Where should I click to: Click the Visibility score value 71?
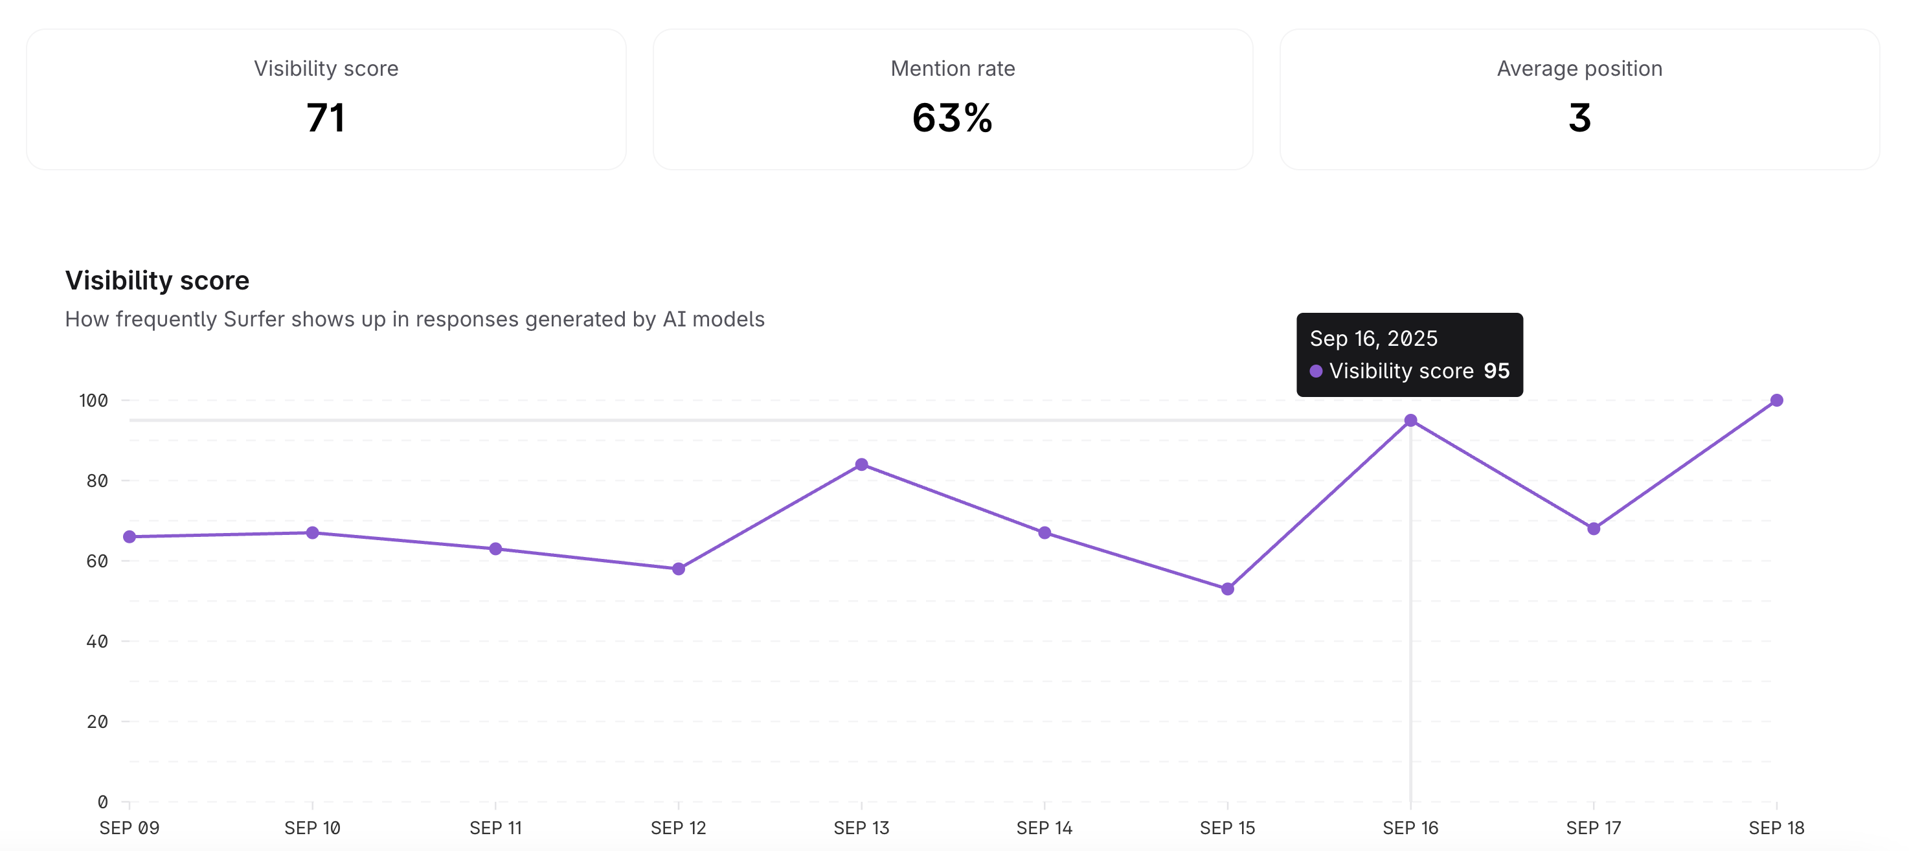(326, 118)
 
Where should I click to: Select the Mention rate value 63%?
(953, 118)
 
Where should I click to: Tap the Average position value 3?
(1579, 118)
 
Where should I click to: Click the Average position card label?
(1579, 68)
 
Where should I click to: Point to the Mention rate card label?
(953, 68)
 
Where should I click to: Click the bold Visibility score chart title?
(157, 280)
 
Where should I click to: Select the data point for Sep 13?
(861, 465)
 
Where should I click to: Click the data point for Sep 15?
(1227, 589)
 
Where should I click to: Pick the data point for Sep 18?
(1776, 400)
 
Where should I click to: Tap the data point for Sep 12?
(678, 569)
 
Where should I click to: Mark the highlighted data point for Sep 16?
(1410, 420)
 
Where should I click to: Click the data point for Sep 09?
(130, 537)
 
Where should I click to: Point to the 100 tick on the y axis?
(93, 401)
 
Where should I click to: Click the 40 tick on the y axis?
(97, 641)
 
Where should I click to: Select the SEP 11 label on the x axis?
(495, 828)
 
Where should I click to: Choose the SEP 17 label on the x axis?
(1593, 828)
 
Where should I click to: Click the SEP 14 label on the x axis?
(1044, 828)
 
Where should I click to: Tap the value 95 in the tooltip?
(1497, 370)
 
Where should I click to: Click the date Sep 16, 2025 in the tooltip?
(1373, 339)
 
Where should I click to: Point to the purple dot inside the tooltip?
(1316, 370)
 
